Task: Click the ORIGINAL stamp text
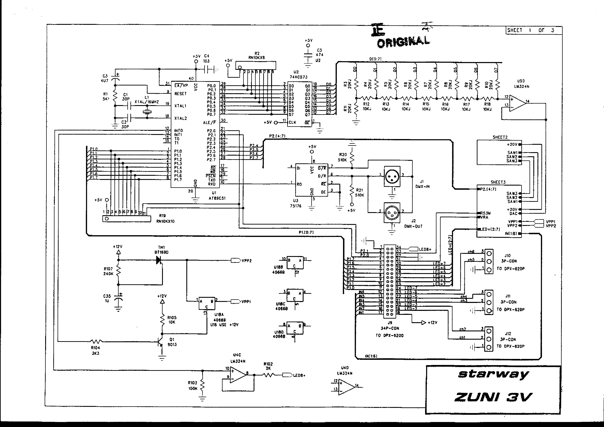click(x=403, y=41)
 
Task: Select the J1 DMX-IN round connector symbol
click(x=392, y=176)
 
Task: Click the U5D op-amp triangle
click(x=517, y=103)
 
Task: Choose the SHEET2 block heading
click(x=500, y=137)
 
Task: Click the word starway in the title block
click(x=493, y=374)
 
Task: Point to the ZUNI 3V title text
click(x=493, y=397)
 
